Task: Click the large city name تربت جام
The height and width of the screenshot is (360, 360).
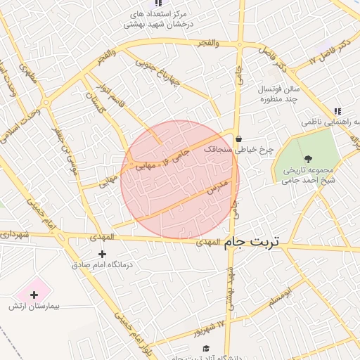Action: (252, 242)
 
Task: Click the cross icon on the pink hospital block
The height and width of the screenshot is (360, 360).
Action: (34, 295)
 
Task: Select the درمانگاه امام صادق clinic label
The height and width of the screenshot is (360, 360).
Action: (103, 265)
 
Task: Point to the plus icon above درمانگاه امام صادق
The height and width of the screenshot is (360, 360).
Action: (103, 254)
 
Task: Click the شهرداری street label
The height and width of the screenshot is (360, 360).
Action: (14, 233)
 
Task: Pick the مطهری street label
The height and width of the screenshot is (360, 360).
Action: (28, 73)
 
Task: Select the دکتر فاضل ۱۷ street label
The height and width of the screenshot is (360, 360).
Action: (330, 52)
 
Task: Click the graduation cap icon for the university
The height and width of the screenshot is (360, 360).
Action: (205, 348)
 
